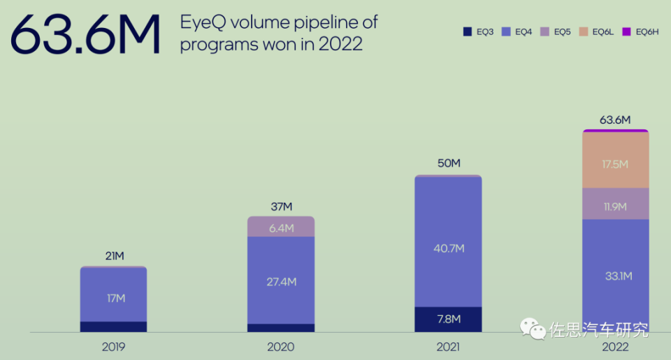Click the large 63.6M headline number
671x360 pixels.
[x=85, y=35]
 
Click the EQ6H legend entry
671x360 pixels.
[x=641, y=31]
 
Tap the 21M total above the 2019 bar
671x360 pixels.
[x=113, y=257]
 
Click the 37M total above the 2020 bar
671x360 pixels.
[x=281, y=207]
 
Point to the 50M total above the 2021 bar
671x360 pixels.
[x=448, y=164]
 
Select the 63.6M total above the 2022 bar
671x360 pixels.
[x=615, y=120]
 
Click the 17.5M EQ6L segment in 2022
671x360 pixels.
[x=615, y=164]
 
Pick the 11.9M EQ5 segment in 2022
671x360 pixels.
[x=615, y=206]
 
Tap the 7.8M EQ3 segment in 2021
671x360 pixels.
[x=448, y=319]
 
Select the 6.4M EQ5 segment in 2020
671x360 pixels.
[x=281, y=228]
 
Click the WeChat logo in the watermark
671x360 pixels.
[x=533, y=329]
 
